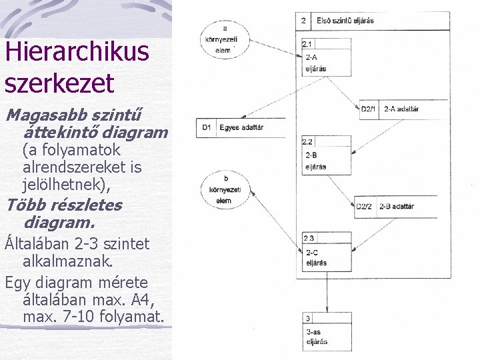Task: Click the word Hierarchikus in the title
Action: click(x=77, y=52)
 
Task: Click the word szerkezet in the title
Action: click(x=59, y=83)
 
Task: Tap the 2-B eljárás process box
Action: click(x=326, y=157)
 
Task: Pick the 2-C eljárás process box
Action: click(x=326, y=253)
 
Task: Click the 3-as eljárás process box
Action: click(x=326, y=331)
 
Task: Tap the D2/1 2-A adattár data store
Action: click(x=400, y=109)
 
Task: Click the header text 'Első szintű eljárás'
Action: click(x=345, y=21)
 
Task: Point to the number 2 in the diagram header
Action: click(x=303, y=21)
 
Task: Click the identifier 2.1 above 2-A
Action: click(x=307, y=44)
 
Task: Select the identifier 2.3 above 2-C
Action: click(x=308, y=238)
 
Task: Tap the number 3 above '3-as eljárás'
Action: click(x=308, y=319)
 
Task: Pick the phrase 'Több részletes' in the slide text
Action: click(x=63, y=204)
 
